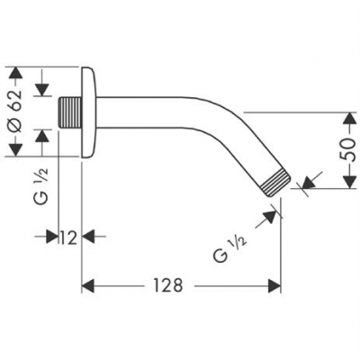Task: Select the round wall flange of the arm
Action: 87,112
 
